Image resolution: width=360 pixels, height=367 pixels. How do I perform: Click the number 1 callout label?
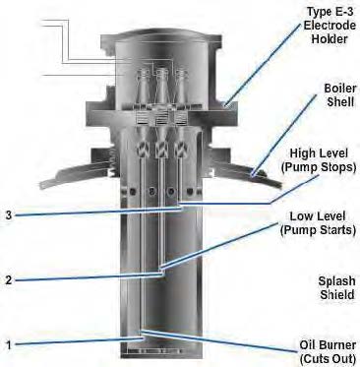[9, 344]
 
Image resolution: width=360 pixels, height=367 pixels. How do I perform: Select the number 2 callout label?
[9, 280]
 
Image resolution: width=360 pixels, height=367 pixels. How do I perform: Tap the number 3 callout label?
[9, 215]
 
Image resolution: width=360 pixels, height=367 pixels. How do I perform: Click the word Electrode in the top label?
[330, 26]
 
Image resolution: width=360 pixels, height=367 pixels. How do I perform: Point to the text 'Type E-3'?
[330, 12]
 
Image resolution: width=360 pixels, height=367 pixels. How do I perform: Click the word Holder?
[330, 39]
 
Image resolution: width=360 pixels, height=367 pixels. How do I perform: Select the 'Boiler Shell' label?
[340, 94]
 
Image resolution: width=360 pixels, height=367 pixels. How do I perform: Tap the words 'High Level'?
[319, 153]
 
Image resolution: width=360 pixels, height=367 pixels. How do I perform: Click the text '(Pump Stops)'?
[319, 167]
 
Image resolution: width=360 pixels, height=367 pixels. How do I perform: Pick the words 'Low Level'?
[318, 216]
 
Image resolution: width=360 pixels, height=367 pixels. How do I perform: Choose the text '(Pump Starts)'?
[318, 230]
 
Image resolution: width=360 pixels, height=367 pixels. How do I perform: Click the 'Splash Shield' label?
[336, 288]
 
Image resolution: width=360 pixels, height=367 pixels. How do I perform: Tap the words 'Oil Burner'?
[328, 345]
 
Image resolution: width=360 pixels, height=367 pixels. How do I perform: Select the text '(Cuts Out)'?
[328, 358]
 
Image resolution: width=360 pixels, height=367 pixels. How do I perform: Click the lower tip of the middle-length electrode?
[161, 271]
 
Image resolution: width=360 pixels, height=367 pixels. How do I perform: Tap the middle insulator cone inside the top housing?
[161, 85]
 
